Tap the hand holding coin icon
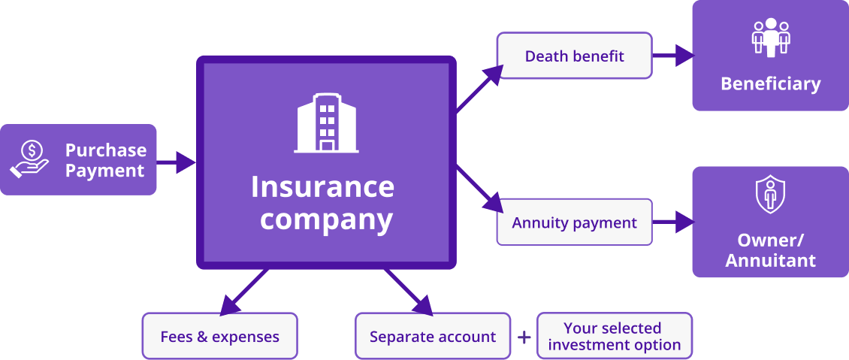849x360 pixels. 30,160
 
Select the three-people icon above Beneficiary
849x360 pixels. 771,38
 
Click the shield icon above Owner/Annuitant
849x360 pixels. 770,195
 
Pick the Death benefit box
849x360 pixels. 574,56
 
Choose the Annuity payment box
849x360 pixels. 574,222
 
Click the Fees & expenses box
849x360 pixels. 219,336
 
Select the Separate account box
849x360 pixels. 433,336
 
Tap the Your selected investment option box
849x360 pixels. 614,336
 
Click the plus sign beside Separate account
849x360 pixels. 524,337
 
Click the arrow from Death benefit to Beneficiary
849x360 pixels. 673,55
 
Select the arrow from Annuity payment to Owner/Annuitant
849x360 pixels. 673,222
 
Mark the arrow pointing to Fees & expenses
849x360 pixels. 243,292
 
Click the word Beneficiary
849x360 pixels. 770,83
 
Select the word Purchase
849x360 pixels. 105,150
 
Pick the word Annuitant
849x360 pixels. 770,262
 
